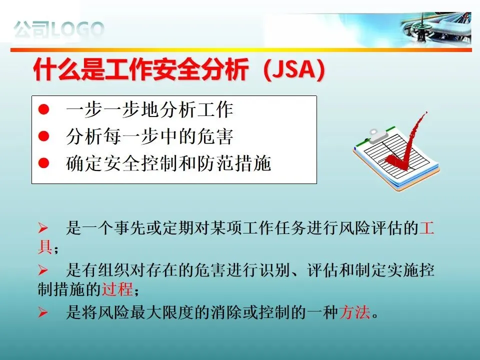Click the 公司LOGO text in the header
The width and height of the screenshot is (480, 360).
click(x=59, y=29)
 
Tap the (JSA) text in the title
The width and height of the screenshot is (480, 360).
click(x=294, y=70)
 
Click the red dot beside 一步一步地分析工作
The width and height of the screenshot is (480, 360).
click(x=44, y=109)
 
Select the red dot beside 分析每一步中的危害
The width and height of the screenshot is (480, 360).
click(x=44, y=136)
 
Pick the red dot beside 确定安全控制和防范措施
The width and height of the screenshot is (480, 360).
click(x=44, y=163)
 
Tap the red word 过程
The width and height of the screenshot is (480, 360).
click(x=117, y=288)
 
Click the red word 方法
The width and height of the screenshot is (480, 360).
click(x=354, y=312)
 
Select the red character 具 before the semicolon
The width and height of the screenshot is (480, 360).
click(x=45, y=246)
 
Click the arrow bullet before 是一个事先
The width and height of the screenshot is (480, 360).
click(x=43, y=228)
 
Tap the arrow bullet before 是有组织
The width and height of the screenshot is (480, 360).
click(x=43, y=270)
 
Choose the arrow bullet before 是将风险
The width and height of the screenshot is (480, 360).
click(x=43, y=312)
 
